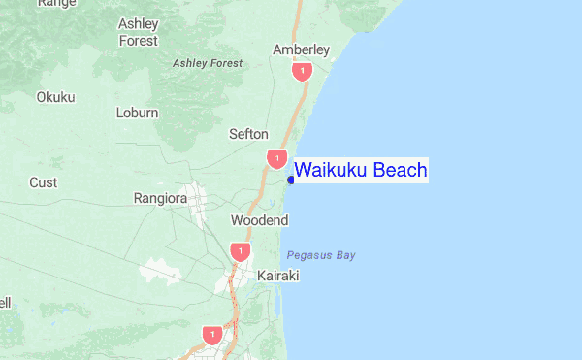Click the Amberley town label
[302, 49]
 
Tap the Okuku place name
[55, 97]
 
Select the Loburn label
[137, 113]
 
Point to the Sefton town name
[248, 134]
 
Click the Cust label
[43, 182]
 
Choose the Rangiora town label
[159, 199]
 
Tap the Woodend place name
[259, 221]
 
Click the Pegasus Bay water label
[321, 255]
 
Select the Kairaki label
[278, 277]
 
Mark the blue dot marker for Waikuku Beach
[291, 180]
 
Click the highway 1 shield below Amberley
[304, 72]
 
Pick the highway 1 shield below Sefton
[277, 158]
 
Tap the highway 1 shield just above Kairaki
[238, 251]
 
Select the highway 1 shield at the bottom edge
[210, 335]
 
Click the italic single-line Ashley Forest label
[208, 63]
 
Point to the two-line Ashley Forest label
[138, 32]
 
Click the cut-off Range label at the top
[57, 4]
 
